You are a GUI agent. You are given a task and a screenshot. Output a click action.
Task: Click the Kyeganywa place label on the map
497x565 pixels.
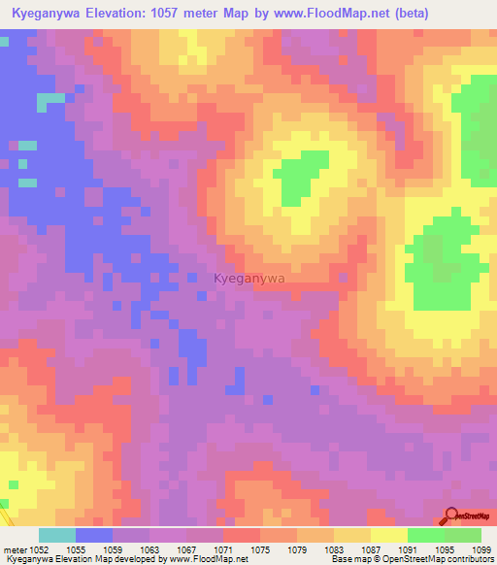249,279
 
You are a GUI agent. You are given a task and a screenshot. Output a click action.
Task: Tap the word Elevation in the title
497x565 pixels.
124,13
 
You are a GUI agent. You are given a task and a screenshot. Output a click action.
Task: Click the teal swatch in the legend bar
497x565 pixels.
57,535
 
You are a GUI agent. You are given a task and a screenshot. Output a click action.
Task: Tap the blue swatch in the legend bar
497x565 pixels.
94,535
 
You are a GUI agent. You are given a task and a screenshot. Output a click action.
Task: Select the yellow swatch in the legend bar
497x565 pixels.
389,535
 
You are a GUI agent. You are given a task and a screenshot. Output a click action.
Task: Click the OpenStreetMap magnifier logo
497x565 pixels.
452,516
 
